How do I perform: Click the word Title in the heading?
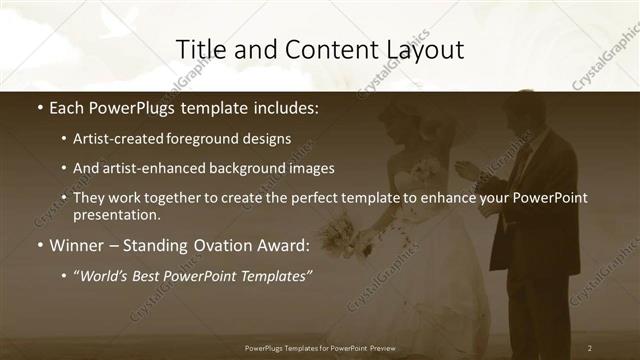pos(199,49)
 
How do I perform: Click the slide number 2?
pos(590,347)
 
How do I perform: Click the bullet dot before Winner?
pos(39,245)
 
